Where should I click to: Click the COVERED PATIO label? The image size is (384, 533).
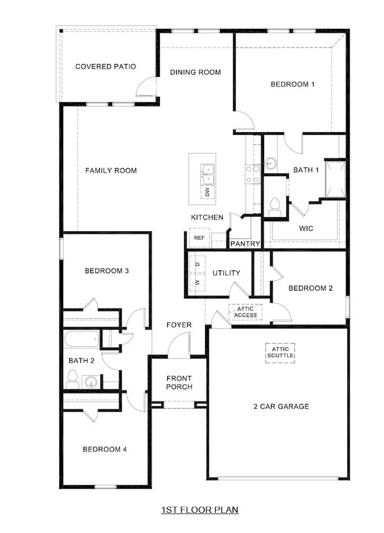[105, 66]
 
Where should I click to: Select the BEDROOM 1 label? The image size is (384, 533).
[292, 84]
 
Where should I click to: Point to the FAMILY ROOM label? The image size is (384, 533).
[111, 170]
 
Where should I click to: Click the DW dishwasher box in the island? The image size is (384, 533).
[207, 192]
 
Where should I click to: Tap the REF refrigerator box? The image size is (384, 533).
[199, 238]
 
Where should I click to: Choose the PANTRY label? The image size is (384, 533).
[245, 243]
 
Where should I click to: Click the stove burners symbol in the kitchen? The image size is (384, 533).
[253, 173]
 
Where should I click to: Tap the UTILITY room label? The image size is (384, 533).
[226, 273]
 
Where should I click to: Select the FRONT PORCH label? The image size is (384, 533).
[179, 383]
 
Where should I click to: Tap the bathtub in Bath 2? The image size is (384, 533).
[82, 340]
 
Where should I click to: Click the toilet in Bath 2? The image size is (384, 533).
[73, 379]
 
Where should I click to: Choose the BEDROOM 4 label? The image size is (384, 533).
[105, 449]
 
